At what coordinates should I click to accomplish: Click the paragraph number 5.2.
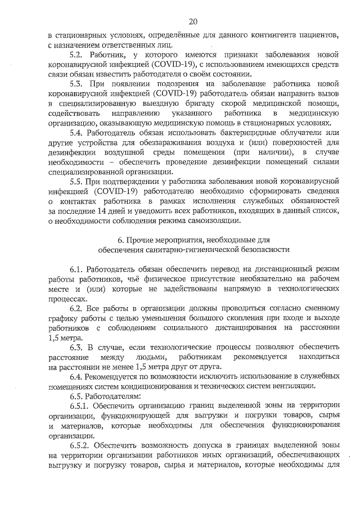click(x=76, y=56)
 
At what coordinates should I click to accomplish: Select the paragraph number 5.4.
click(x=76, y=132)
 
